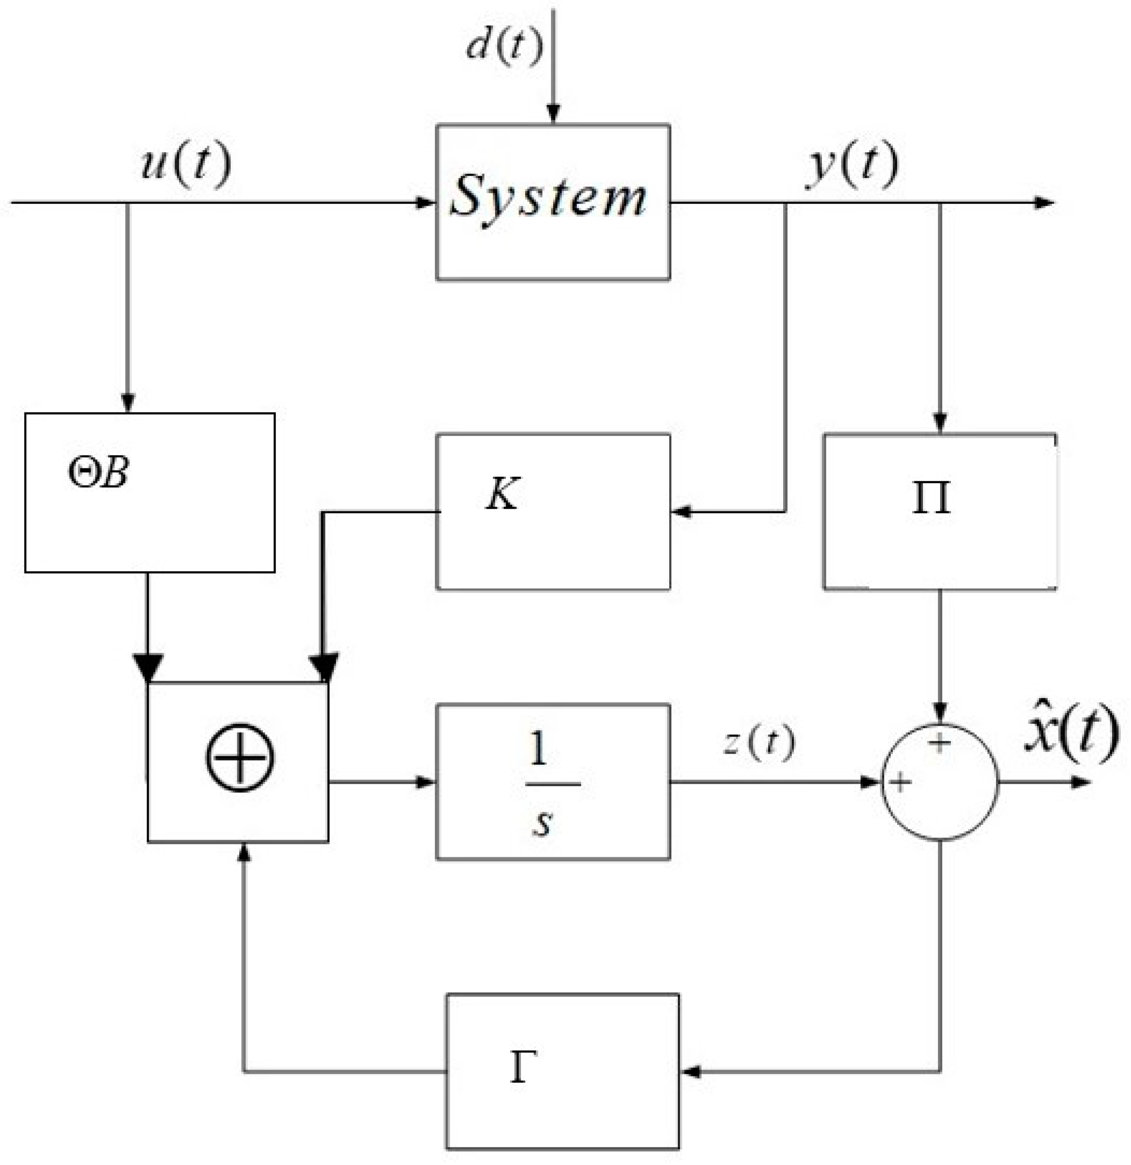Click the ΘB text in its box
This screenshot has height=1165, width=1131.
(x=98, y=474)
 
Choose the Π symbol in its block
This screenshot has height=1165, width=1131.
(x=931, y=498)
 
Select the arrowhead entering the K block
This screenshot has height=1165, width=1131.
(x=681, y=511)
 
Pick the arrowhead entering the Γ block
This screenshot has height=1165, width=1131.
(x=690, y=1072)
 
